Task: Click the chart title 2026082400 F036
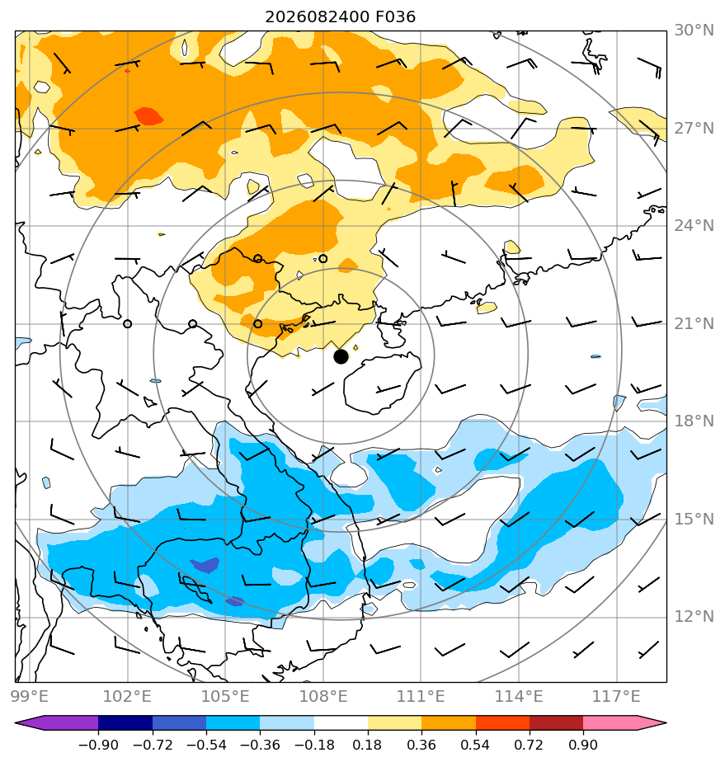[340, 17]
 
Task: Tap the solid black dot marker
[341, 357]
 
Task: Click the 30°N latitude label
[694, 31]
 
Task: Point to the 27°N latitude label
[694, 129]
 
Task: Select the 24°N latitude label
[694, 225]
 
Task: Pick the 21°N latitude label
[694, 323]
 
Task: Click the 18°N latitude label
[694, 421]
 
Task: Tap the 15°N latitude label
[694, 519]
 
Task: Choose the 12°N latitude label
[694, 617]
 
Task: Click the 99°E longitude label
[30, 696]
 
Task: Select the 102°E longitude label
[127, 696]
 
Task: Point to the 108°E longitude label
[323, 696]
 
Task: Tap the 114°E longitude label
[519, 696]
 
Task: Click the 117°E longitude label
[616, 696]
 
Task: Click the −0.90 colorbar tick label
[98, 745]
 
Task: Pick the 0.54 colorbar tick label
[475, 745]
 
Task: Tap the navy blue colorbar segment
[125, 722]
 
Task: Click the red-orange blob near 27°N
[148, 116]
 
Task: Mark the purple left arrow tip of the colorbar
[16, 722]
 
